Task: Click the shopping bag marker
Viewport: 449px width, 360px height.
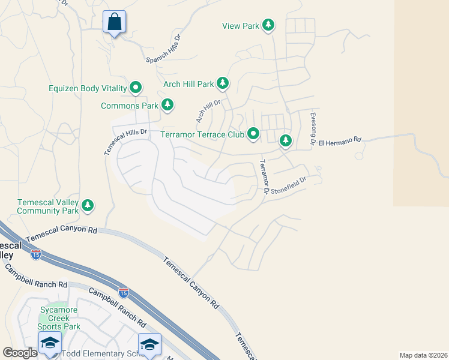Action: [114, 22]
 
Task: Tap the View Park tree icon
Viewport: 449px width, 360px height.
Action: [270, 25]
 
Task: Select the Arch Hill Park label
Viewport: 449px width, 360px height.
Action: [188, 84]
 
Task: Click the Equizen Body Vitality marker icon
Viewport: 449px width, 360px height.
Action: [136, 88]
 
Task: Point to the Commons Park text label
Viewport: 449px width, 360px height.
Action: [129, 106]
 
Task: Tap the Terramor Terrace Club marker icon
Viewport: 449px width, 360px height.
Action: [254, 134]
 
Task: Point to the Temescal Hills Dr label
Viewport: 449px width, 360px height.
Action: [125, 142]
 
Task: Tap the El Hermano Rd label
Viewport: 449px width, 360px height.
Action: [340, 142]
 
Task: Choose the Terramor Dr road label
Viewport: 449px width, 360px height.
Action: [263, 176]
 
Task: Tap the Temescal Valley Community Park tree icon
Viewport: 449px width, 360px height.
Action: [88, 206]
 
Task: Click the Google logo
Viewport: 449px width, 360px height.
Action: [20, 353]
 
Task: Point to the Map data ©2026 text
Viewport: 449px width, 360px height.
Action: [423, 355]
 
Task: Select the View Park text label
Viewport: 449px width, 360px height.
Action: [240, 26]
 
